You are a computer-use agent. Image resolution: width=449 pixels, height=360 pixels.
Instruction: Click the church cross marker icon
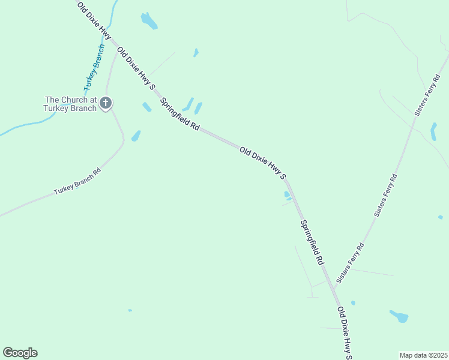click(106, 103)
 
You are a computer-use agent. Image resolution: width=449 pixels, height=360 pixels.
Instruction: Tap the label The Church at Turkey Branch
click(70, 104)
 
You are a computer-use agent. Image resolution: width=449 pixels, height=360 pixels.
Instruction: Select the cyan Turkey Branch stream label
click(94, 67)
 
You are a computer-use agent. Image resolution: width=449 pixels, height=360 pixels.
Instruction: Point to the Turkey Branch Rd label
click(77, 181)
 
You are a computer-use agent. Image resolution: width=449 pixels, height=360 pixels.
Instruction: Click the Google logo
click(20, 353)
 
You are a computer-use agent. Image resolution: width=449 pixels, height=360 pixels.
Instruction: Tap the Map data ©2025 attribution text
click(424, 355)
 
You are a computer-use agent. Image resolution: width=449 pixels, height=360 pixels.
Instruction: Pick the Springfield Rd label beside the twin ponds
click(180, 115)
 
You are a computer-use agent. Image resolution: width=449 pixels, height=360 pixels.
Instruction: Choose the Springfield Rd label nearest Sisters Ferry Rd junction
click(312, 242)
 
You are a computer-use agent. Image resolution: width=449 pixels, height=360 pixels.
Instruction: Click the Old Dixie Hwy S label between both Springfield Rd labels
click(263, 163)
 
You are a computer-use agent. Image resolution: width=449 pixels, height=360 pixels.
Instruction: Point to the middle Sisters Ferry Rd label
click(386, 195)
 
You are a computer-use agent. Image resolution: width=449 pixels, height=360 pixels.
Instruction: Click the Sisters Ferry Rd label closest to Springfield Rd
click(351, 263)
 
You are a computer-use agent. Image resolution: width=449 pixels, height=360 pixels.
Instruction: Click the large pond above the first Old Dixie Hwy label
click(149, 21)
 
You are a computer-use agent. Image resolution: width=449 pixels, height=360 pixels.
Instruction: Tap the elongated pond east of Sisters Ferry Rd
click(433, 131)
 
